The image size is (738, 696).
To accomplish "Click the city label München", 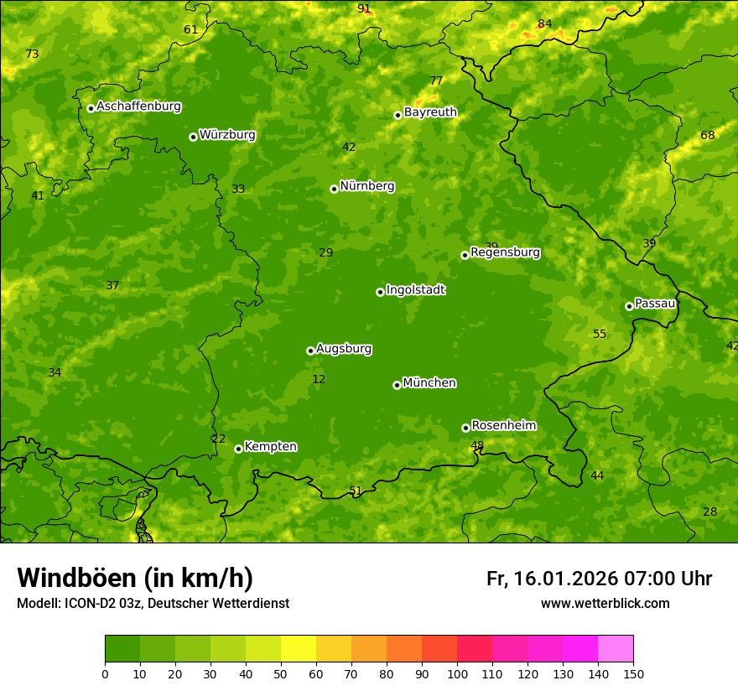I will point(429,383).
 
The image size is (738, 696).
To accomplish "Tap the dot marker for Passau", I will point(629,306).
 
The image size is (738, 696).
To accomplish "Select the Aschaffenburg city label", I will point(138,106).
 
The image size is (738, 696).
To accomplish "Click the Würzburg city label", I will point(227,135).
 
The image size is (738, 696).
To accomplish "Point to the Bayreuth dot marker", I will point(398,115).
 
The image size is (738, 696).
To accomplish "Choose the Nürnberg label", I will point(366,186).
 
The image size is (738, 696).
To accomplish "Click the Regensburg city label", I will point(505,252).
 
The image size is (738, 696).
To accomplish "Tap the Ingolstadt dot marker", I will point(380,292).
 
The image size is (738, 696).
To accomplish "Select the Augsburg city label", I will point(344,349).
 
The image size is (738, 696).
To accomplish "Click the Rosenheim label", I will point(503,426).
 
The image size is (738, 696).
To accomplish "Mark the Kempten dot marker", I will point(238,449).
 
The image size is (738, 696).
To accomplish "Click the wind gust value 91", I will point(364,8).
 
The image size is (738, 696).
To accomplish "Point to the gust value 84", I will point(545,23).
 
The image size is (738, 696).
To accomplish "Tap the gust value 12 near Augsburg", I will point(319,380).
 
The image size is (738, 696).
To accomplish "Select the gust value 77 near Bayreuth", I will point(436,81).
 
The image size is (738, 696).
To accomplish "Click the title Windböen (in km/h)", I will point(135,578).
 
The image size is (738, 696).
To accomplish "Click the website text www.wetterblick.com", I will point(605,603).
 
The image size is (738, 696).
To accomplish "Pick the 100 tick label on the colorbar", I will point(457,673).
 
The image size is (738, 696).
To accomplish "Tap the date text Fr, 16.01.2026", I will point(552,579).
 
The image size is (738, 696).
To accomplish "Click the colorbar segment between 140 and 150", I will point(616,649).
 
